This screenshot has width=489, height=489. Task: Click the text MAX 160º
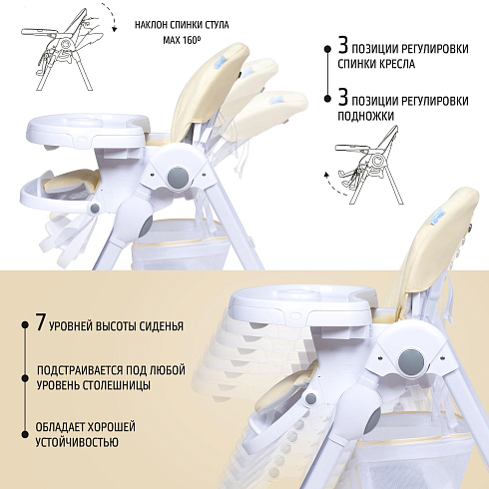182,40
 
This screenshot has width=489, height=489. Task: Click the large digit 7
40,322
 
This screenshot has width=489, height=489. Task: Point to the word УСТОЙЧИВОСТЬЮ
77,443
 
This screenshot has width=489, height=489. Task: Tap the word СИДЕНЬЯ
162,326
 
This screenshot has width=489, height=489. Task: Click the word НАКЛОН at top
151,25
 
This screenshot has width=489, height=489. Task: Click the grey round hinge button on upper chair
178,178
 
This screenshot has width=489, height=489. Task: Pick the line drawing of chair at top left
63,49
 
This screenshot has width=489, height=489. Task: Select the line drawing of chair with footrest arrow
369,165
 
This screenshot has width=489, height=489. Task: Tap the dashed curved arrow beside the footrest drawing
333,186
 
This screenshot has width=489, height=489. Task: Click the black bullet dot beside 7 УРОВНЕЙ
25,324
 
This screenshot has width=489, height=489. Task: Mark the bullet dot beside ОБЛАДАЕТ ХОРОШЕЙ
25,434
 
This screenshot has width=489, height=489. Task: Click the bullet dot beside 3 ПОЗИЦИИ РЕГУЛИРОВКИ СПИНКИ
327,49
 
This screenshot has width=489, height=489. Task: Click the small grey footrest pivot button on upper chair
94,209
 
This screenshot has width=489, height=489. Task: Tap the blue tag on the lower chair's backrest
439,216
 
